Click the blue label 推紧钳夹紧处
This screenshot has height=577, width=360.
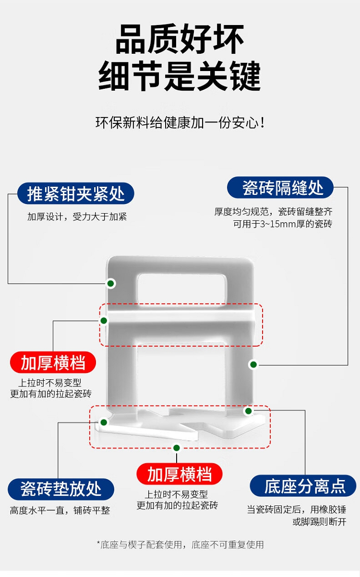pyautogui.click(x=76, y=194)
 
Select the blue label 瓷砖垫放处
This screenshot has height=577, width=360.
pyautogui.click(x=61, y=489)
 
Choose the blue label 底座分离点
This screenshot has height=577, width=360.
pyautogui.click(x=305, y=486)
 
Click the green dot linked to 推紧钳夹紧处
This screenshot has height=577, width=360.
pyautogui.click(x=111, y=284)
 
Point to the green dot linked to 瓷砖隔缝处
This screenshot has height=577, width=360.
pyautogui.click(x=253, y=365)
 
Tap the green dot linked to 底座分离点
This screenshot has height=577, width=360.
pyautogui.click(x=248, y=411)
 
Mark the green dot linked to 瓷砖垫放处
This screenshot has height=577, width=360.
pyautogui.click(x=103, y=422)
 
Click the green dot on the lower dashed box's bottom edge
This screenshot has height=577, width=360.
pyautogui.click(x=176, y=448)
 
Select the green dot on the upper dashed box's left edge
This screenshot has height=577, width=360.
pyautogui.click(x=104, y=320)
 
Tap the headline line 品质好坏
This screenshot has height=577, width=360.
pyautogui.click(x=180, y=40)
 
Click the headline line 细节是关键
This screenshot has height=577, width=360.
pyautogui.click(x=180, y=76)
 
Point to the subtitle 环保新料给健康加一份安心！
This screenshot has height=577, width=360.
pyautogui.click(x=180, y=122)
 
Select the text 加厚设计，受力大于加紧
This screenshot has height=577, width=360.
pyautogui.click(x=77, y=216)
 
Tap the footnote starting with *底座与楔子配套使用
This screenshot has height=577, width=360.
pyautogui.click(x=180, y=544)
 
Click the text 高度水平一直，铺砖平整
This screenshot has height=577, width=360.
pyautogui.click(x=60, y=510)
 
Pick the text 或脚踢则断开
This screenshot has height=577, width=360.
pyautogui.click(x=319, y=522)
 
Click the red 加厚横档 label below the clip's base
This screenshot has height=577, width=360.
pyautogui.click(x=180, y=474)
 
